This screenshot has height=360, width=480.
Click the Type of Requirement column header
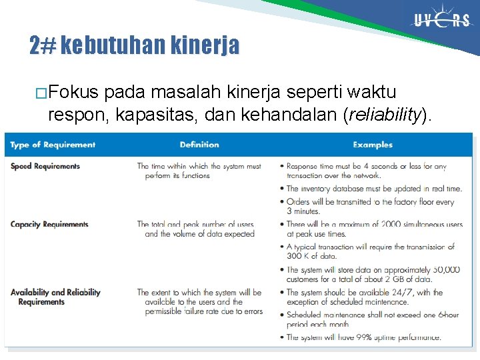pyautogui.click(x=53, y=145)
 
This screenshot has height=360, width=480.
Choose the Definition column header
pyautogui.click(x=199, y=145)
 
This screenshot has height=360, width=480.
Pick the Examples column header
pyautogui.click(x=373, y=145)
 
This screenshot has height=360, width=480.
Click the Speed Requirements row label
pyautogui.click(x=45, y=166)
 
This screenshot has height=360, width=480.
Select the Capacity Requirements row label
pyautogui.click(x=49, y=224)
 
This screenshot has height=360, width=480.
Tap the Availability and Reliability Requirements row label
pyautogui.click(x=55, y=297)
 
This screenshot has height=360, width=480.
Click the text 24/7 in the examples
pyautogui.click(x=402, y=292)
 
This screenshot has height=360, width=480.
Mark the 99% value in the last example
pyautogui.click(x=365, y=337)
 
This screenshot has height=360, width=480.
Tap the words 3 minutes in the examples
pyautogui.click(x=303, y=211)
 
